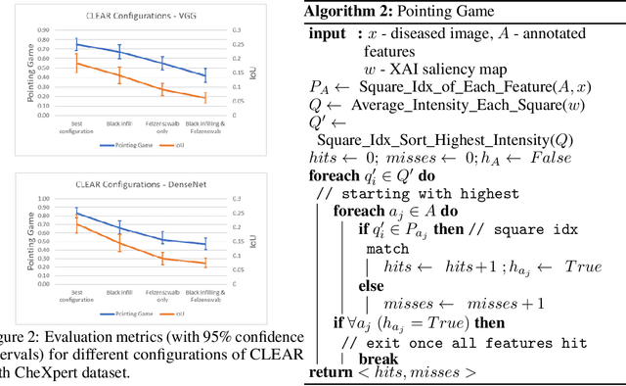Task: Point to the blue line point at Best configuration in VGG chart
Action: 77,44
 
